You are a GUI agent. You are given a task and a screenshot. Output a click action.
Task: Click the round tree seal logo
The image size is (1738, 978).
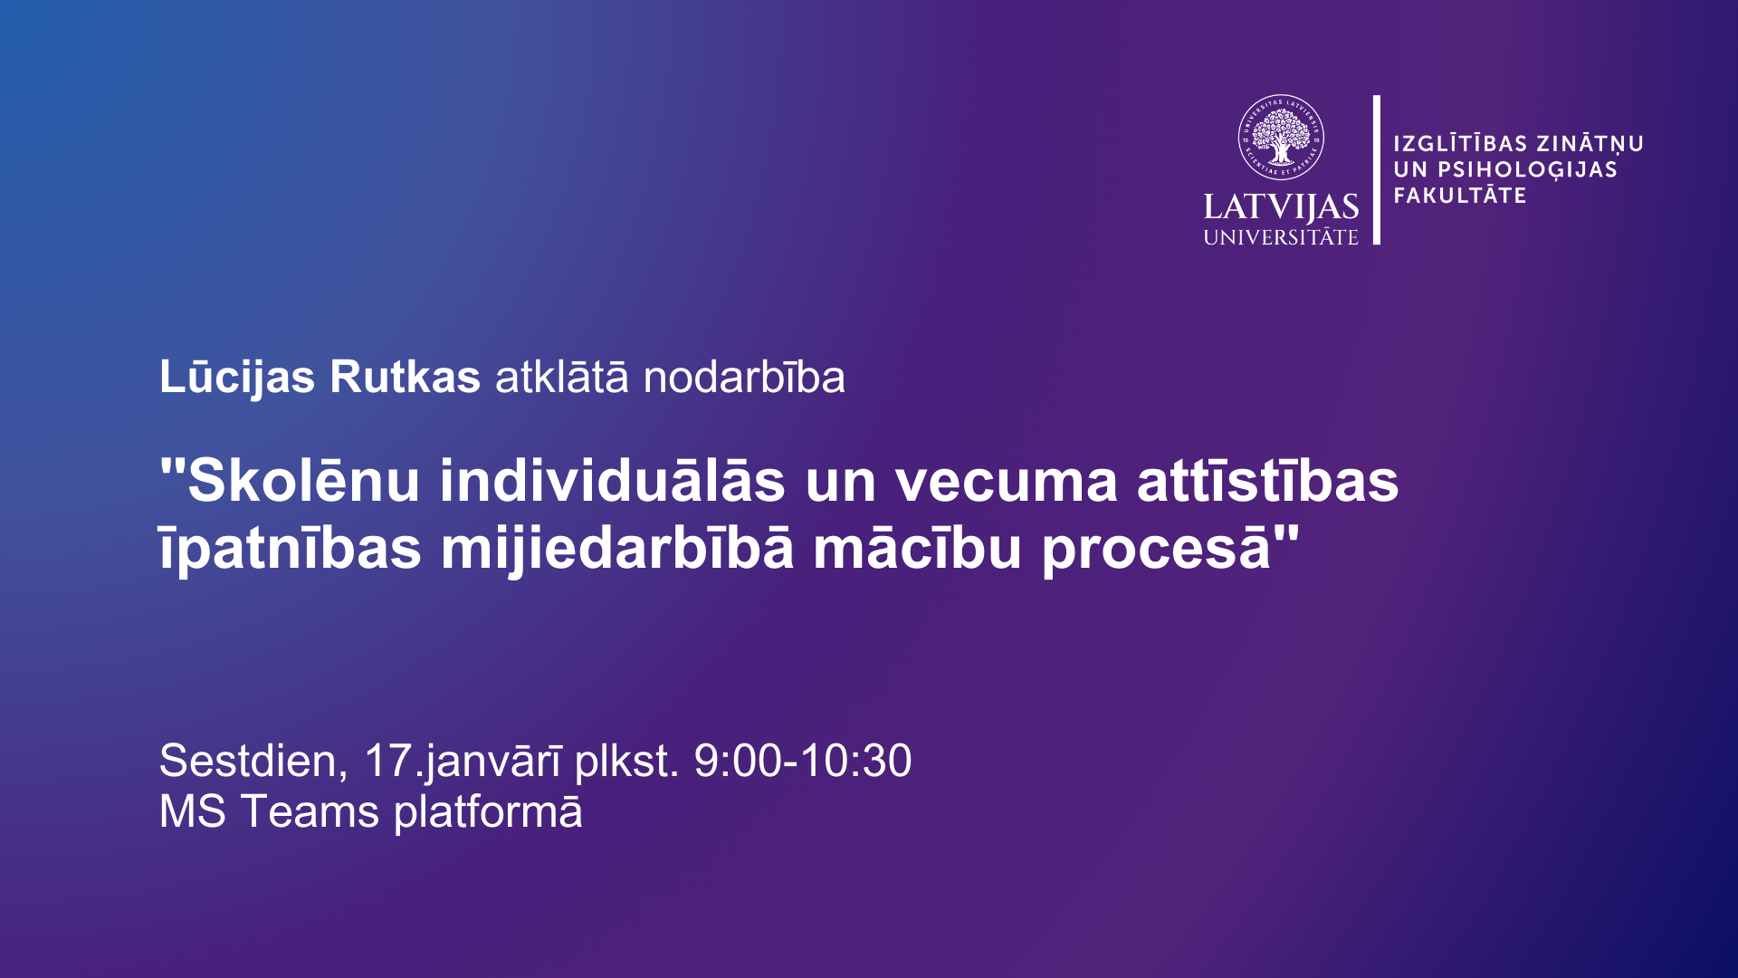[x=1281, y=138]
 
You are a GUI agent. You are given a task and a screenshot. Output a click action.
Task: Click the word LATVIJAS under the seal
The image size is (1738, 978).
[x=1281, y=208]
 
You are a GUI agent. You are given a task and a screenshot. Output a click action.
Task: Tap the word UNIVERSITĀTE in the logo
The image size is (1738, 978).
[x=1281, y=237]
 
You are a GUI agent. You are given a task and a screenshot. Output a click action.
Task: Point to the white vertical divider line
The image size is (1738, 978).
[x=1377, y=169]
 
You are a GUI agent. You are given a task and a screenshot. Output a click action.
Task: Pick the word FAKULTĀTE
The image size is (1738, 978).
[x=1460, y=195]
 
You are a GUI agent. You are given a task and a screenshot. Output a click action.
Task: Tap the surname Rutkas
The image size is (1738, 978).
[x=405, y=378]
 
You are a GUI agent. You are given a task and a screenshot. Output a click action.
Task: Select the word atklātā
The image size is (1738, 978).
[x=561, y=378]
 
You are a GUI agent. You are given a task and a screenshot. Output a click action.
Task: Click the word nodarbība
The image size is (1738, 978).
[x=744, y=378]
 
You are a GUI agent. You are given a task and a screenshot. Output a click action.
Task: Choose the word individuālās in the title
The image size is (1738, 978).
[x=613, y=480]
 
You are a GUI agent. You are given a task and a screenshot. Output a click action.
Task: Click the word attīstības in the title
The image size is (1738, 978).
[x=1268, y=480]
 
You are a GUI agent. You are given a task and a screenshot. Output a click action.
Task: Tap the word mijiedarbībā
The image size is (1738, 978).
[x=617, y=549]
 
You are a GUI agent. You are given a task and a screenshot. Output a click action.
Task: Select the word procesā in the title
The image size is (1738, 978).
[x=1158, y=549]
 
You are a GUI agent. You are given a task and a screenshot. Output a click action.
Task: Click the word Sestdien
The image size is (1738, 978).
[x=253, y=761]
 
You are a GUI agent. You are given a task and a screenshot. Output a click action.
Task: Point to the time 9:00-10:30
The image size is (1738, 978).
[x=803, y=761]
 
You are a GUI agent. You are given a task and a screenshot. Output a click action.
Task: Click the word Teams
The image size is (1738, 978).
[x=310, y=811]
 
